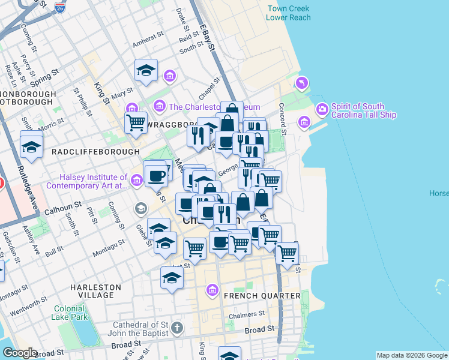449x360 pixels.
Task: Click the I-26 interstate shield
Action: click(60, 8)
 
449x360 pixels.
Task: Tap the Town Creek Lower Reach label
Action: click(289, 13)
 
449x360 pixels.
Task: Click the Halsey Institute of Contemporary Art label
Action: click(93, 181)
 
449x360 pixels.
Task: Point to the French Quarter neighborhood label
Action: click(262, 296)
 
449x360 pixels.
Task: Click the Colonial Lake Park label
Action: click(70, 312)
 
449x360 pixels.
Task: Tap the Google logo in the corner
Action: click(20, 353)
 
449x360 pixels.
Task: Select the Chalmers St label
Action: click(247, 314)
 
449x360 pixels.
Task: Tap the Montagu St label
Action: click(109, 247)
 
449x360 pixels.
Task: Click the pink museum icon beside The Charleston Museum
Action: click(160, 107)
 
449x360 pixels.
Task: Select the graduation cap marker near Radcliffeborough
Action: click(31, 146)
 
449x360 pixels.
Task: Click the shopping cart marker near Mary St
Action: click(136, 122)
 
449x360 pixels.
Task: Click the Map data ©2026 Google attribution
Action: click(412, 355)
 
